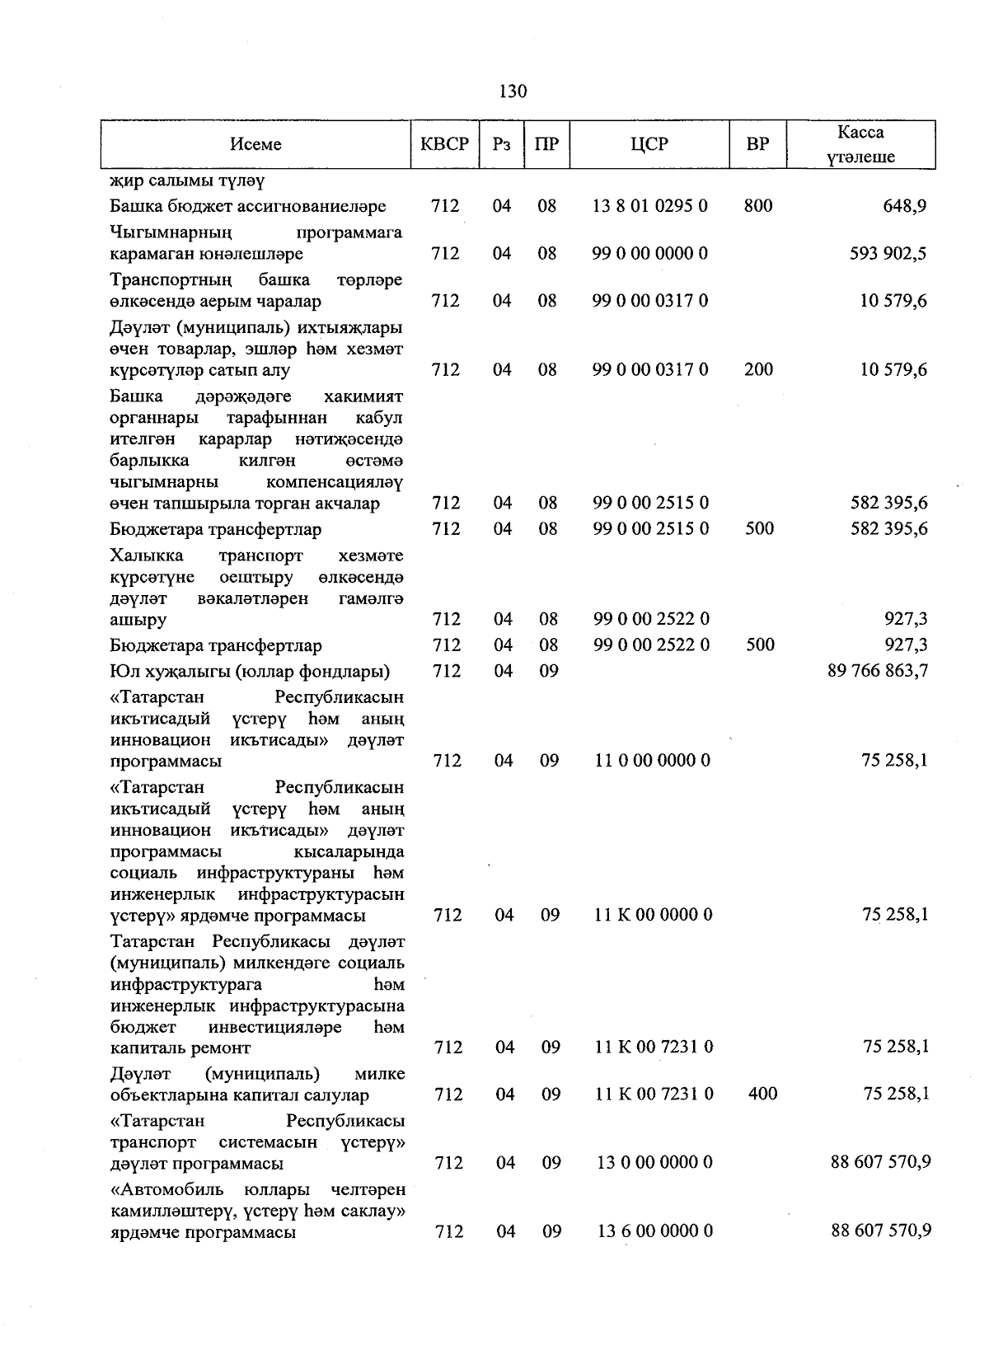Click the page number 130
[x=513, y=91]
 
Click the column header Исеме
[x=255, y=144]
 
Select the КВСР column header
[x=444, y=144]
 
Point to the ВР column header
[x=757, y=144]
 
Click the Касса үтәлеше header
[x=860, y=145]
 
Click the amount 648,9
[x=903, y=206]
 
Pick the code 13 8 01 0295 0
[x=649, y=206]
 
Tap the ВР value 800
[x=757, y=206]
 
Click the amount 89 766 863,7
[x=878, y=671]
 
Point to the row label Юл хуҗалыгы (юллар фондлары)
[x=250, y=671]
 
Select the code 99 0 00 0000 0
[x=649, y=254]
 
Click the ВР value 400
[x=762, y=1095]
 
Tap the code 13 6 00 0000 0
[x=654, y=1231]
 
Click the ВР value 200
[x=758, y=370]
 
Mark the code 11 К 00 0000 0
[x=653, y=915]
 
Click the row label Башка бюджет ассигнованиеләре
[x=248, y=206]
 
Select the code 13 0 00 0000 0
[x=654, y=1163]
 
